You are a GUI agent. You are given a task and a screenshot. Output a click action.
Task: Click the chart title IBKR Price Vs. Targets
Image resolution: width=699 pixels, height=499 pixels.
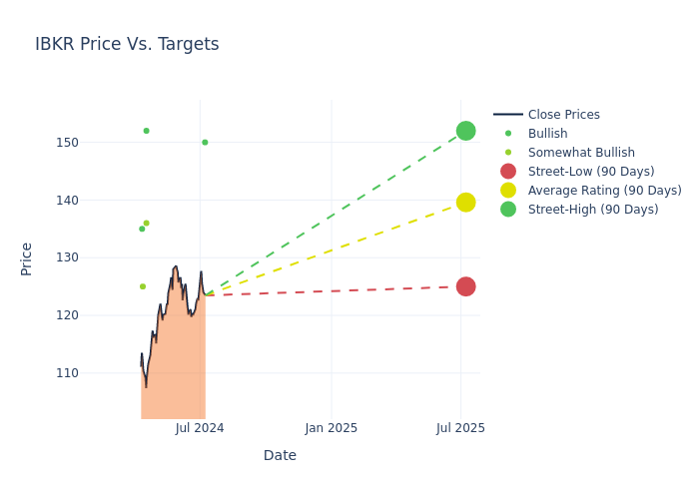pos(127,45)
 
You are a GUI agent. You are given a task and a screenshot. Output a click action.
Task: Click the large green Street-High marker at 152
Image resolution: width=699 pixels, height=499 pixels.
pos(465,131)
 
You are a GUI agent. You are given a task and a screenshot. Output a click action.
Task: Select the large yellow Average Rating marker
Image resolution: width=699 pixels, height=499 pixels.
pos(465,203)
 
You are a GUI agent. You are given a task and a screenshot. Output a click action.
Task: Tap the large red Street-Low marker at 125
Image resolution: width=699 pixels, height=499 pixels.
pos(465,286)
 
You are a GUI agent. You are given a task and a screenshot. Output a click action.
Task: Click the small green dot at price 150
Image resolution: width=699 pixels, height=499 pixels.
pos(205,143)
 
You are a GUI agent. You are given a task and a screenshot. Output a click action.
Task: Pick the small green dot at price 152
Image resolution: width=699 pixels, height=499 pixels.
pos(146,131)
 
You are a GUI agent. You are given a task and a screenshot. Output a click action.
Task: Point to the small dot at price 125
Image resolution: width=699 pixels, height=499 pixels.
pos(142,286)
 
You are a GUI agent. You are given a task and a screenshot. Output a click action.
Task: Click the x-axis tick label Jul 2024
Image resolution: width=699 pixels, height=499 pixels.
pos(200,428)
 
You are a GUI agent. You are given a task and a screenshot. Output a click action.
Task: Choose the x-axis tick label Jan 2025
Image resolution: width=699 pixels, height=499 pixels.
pos(332,428)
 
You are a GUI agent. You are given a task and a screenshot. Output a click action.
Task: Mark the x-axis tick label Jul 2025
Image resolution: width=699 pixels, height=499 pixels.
pos(460,428)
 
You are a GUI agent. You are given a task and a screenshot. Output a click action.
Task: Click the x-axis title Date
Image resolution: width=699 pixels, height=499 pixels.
pos(280,456)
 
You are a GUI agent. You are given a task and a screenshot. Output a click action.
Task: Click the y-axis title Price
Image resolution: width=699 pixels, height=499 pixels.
pos(27,258)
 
